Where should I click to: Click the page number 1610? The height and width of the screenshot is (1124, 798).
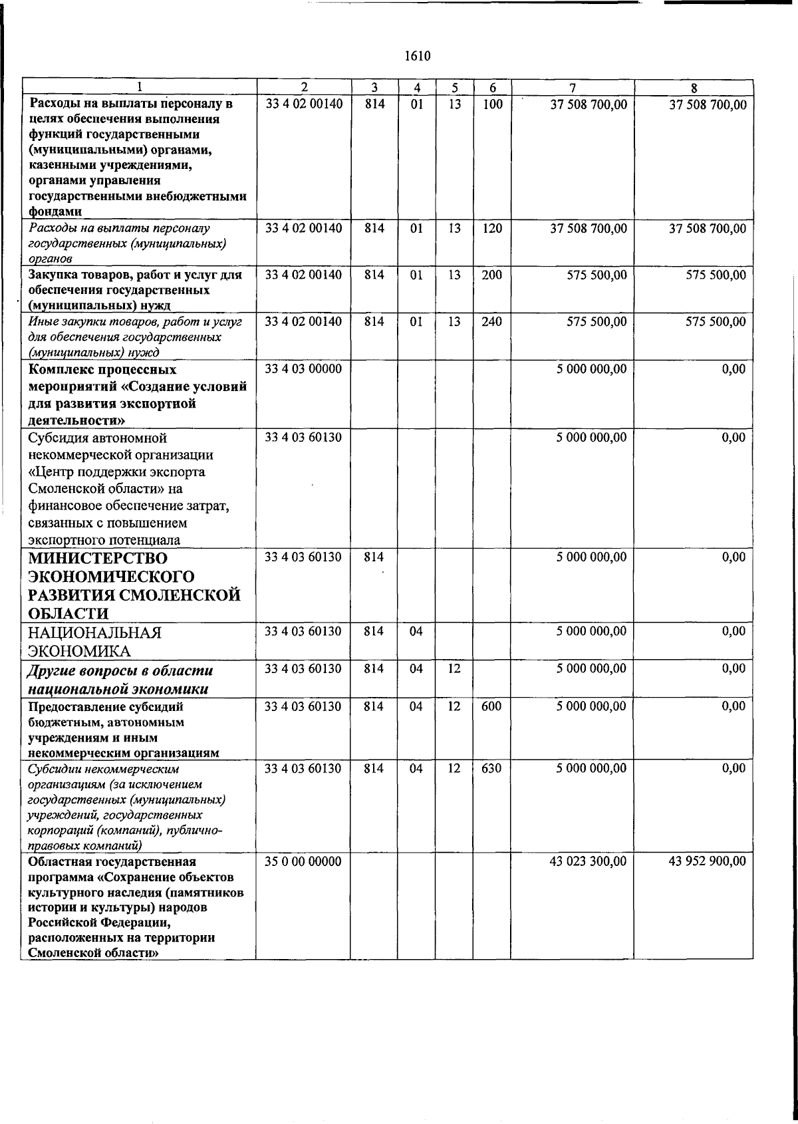418,57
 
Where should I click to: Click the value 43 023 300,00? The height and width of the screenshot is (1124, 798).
588,861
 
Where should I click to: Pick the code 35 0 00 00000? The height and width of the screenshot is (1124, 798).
303,861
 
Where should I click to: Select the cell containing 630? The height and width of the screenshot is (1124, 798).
491,769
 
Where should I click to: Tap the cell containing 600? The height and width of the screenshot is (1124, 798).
491,707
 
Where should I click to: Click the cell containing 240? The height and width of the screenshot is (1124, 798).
491,322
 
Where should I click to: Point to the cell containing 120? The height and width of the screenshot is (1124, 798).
491,229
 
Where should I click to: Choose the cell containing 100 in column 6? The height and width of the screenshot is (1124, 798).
491,104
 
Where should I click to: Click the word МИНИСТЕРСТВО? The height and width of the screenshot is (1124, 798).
98,558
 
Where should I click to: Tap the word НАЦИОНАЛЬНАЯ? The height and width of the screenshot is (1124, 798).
95,632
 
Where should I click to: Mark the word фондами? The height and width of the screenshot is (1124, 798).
55,212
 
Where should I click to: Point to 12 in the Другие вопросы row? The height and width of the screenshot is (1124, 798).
454,669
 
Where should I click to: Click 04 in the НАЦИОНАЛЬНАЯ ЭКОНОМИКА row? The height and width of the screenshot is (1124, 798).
416,632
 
